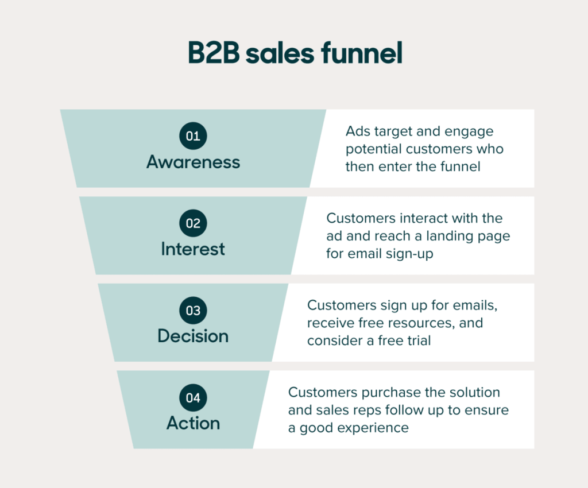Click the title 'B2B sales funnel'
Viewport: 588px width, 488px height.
295,53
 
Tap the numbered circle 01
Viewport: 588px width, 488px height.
193,136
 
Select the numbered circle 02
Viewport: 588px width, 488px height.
193,223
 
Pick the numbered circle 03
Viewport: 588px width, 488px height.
193,311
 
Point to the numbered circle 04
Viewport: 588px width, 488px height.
193,398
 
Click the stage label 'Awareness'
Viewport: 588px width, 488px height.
193,162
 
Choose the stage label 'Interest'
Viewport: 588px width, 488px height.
193,249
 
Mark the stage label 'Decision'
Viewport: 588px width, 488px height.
193,336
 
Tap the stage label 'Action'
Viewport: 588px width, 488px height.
193,423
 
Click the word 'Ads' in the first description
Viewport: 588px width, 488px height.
357,131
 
